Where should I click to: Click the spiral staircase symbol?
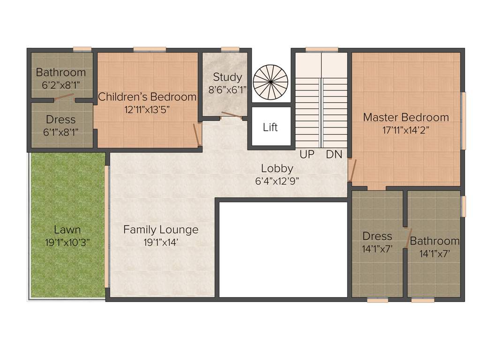pyautogui.click(x=270, y=81)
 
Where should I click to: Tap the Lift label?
pyautogui.click(x=270, y=127)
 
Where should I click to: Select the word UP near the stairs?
pyautogui.click(x=307, y=154)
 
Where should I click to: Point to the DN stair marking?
pyautogui.click(x=334, y=154)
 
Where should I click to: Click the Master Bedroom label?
pyautogui.click(x=406, y=117)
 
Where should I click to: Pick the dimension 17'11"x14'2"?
pyautogui.click(x=406, y=130)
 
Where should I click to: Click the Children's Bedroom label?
pyautogui.click(x=147, y=97)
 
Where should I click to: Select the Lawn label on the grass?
pyautogui.click(x=67, y=230)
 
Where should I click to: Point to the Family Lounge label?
pyautogui.click(x=161, y=230)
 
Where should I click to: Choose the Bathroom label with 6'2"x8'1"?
pyautogui.click(x=61, y=72)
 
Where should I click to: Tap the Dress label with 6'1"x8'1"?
pyautogui.click(x=61, y=120)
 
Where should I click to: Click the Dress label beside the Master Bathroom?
pyautogui.click(x=377, y=236)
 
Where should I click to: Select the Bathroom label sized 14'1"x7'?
pyautogui.click(x=435, y=241)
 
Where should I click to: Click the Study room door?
pyautogui.click(x=232, y=115)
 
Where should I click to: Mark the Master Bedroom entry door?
pyautogui.click(x=353, y=170)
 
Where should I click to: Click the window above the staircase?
pyautogui.click(x=322, y=49)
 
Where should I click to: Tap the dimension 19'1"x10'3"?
pyautogui.click(x=67, y=242)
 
